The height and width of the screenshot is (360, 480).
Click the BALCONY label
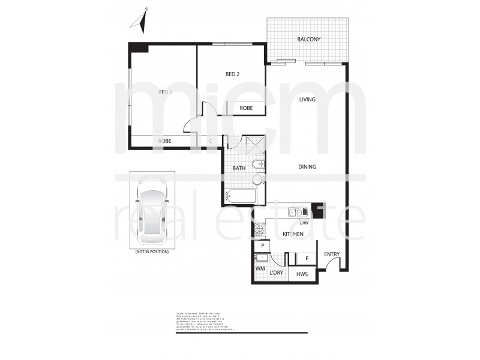point(309,40)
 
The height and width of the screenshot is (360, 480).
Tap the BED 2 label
point(232,74)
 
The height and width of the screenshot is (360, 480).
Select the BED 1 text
point(165,92)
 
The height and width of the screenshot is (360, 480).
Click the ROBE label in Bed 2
point(246,108)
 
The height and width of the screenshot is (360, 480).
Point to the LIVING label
point(307,100)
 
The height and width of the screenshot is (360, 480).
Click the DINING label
point(307,167)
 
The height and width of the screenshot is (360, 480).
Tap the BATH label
point(239,169)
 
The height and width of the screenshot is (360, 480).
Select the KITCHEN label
point(293,234)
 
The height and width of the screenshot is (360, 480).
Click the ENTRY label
point(332,254)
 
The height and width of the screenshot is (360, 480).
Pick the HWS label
point(302,274)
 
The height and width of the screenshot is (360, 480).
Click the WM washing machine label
point(260,269)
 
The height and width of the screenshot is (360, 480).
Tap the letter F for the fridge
point(307,258)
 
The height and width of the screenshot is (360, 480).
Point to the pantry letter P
point(262,246)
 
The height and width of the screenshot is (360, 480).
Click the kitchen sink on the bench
point(295,212)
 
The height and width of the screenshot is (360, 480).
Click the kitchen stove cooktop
point(260,229)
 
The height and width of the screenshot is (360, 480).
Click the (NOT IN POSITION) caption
point(152,251)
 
